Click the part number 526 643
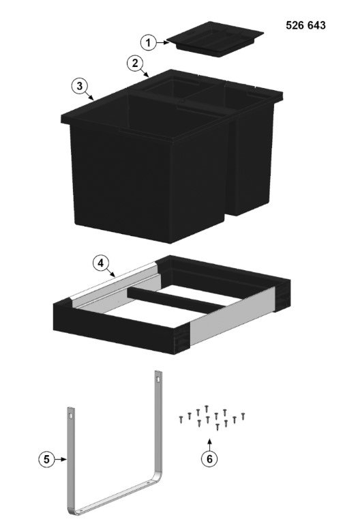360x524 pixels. [x=305, y=25]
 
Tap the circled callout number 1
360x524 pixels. [x=148, y=42]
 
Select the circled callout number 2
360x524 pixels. [x=135, y=63]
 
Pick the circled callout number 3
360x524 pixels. [x=80, y=86]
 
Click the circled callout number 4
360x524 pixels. [x=100, y=263]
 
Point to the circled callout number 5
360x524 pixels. [x=46, y=459]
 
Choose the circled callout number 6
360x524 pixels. [x=209, y=458]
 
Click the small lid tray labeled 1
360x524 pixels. [x=215, y=39]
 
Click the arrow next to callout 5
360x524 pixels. [x=61, y=459]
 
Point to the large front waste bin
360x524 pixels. [x=147, y=167]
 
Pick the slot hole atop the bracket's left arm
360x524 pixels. [x=71, y=416]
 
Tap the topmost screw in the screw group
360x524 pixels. [x=207, y=408]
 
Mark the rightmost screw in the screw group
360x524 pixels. [x=243, y=416]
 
